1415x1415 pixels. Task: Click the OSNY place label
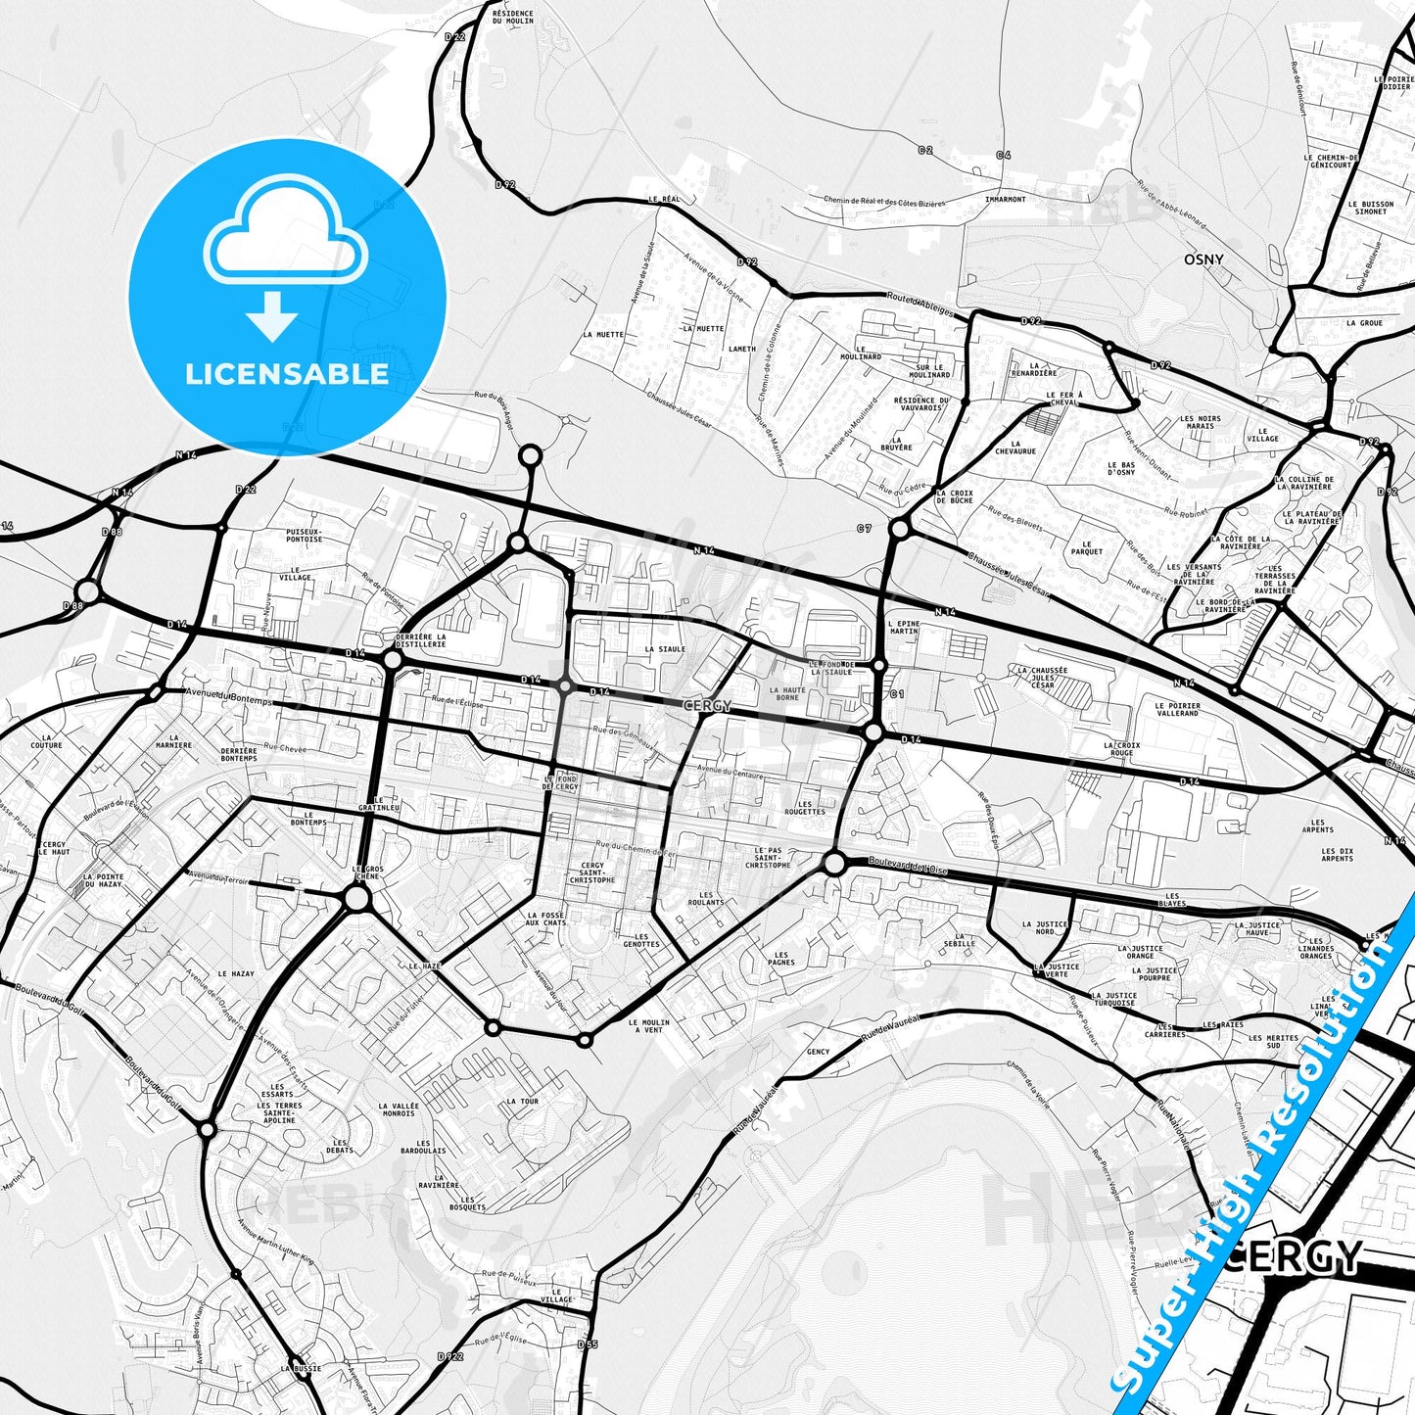1203,259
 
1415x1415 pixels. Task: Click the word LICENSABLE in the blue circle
287,373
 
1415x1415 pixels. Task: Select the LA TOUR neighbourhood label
522,1101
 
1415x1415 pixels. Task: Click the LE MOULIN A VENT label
649,1026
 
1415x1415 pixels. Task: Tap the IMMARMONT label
1005,199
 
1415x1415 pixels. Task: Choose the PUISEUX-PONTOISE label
304,535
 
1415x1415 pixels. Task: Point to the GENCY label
818,1052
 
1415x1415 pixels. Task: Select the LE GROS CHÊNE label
367,873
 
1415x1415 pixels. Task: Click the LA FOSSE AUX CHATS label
545,919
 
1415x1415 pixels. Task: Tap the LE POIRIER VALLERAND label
1176,709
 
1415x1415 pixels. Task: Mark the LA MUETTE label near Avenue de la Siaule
602,334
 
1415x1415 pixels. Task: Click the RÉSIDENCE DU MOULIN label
513,17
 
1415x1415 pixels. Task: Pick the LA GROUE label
1364,322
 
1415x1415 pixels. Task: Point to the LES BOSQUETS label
467,1203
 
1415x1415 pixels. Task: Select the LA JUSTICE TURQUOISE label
1113,999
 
